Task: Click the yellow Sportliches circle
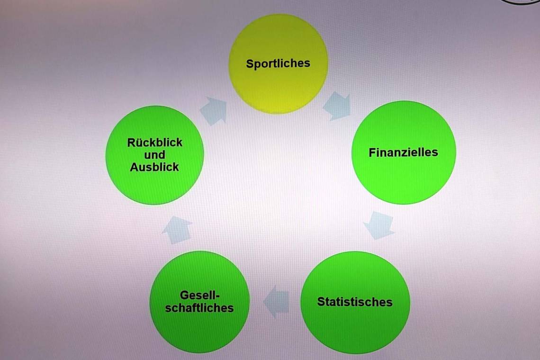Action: click(x=278, y=64)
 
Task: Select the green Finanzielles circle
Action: click(x=404, y=152)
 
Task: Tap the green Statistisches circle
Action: click(x=355, y=303)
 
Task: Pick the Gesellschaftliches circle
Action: click(x=199, y=302)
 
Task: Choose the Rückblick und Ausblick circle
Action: click(x=154, y=155)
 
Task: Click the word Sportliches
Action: click(x=278, y=64)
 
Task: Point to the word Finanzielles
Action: click(x=403, y=152)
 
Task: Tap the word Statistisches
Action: click(x=355, y=302)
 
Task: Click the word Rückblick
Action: click(x=154, y=142)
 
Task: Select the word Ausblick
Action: click(x=154, y=167)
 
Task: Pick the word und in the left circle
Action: click(x=154, y=155)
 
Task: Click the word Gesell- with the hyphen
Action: click(x=200, y=295)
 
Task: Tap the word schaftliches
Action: click(x=199, y=307)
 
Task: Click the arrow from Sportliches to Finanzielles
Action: click(x=337, y=106)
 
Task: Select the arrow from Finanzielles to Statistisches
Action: click(x=379, y=225)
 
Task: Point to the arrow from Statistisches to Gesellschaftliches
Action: click(x=276, y=301)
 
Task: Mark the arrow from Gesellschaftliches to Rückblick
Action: click(x=177, y=230)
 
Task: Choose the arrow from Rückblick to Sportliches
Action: click(x=214, y=111)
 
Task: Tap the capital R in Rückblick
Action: click(x=131, y=143)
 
